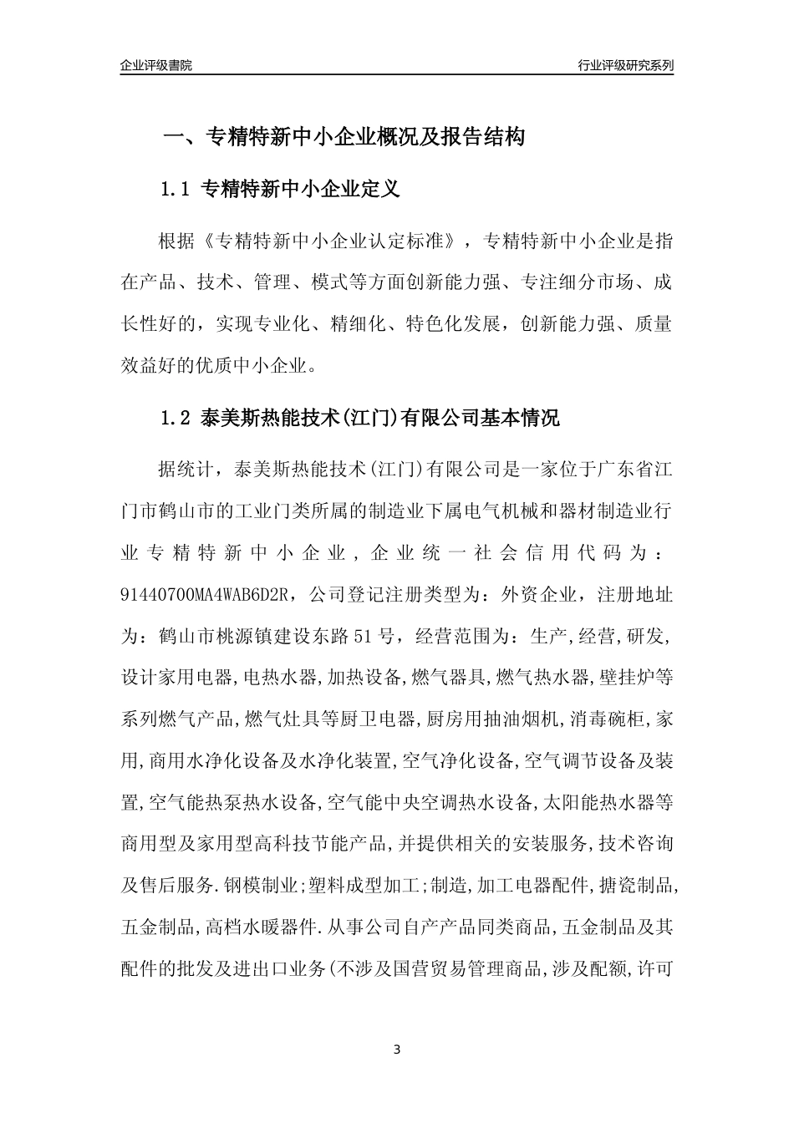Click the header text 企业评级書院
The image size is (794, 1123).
coord(156,65)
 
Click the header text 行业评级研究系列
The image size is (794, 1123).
coord(625,65)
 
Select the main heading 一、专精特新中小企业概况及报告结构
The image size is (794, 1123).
coord(344,137)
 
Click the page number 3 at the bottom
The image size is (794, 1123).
coord(397,1049)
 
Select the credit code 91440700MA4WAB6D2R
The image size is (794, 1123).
coord(205,594)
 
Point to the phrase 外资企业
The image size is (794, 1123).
coord(537,594)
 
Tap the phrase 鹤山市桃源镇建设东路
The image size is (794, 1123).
coord(252,636)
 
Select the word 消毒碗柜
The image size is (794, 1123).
coord(622,719)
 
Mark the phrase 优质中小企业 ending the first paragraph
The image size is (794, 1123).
coord(259,366)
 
